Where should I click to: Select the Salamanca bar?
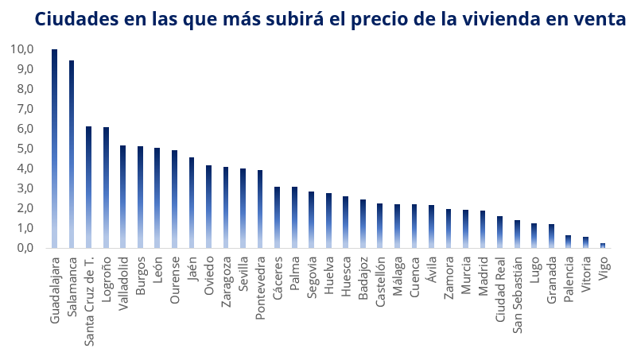pyautogui.click(x=72, y=154)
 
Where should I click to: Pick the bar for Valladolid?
pyautogui.click(x=123, y=196)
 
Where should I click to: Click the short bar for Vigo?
pyautogui.click(x=603, y=246)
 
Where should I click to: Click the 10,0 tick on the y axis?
pyautogui.click(x=22, y=49)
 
